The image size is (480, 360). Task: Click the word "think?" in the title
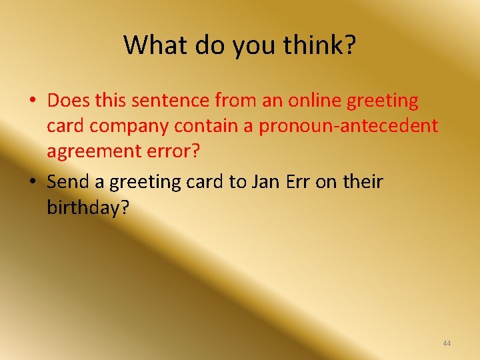point(319,45)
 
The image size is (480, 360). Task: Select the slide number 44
point(447,343)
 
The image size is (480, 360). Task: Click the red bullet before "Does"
point(32,101)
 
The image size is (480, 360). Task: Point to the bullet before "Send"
point(32,182)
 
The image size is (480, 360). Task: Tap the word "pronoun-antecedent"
point(348,126)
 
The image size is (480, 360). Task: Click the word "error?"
point(177,151)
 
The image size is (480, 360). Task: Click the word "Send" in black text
point(68,181)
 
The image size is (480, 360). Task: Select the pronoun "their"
point(364,181)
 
